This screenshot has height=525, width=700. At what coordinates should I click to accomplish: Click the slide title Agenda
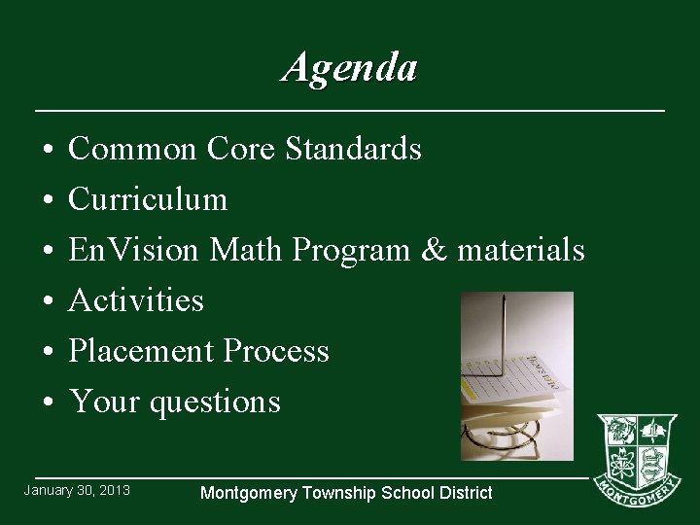(350, 68)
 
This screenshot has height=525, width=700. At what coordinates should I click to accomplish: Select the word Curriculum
(148, 199)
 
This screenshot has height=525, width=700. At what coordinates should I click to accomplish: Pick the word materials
(520, 250)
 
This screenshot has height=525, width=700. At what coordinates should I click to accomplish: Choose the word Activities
(136, 300)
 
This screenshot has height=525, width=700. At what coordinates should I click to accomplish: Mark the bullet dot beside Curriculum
(47, 200)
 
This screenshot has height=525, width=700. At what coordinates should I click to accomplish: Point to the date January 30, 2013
(77, 490)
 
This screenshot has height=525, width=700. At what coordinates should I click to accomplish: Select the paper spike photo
(516, 375)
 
